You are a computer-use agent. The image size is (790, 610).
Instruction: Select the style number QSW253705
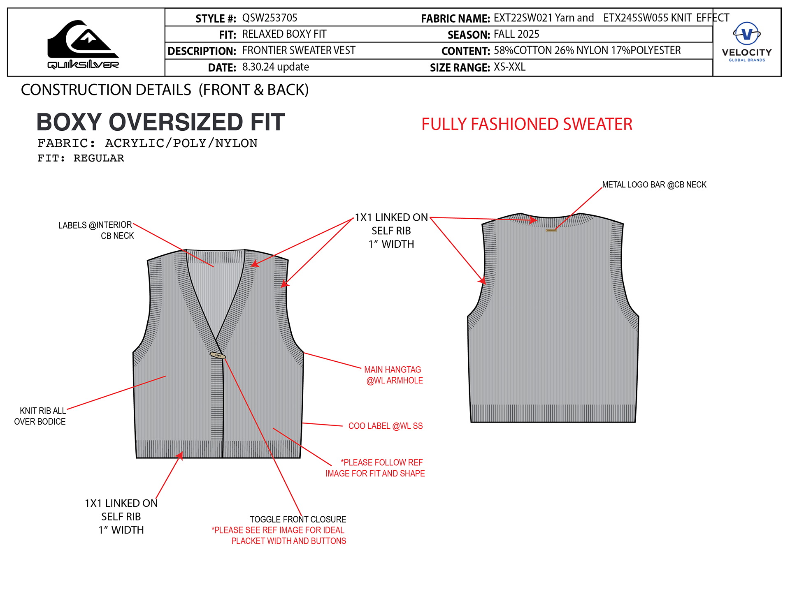point(270,18)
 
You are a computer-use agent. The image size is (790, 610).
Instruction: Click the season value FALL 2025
point(516,34)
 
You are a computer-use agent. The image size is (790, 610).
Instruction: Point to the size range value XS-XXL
point(509,67)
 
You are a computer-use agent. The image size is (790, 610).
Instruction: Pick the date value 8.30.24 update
point(275,67)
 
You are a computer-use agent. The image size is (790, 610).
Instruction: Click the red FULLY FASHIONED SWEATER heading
point(527,124)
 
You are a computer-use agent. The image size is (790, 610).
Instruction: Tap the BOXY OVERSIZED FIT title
point(160,122)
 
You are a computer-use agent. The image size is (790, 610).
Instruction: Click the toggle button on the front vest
point(218,355)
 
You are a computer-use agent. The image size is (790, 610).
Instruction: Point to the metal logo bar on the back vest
point(551,230)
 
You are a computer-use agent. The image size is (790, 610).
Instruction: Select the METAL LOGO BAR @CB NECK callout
point(654,185)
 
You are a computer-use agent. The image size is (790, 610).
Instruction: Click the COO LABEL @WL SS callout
point(386,426)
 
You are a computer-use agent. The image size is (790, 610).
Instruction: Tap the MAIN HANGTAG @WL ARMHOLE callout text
point(394,375)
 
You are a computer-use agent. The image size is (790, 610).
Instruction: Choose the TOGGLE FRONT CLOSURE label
point(298,520)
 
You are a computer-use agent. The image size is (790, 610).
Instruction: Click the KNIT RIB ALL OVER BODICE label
point(40,416)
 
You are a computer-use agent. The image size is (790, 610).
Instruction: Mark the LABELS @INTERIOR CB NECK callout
point(96,230)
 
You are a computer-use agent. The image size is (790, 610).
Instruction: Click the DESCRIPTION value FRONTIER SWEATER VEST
point(299,51)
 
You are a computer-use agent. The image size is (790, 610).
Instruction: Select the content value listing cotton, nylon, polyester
point(587,51)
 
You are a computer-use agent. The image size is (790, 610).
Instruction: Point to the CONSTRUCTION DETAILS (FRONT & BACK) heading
point(165,90)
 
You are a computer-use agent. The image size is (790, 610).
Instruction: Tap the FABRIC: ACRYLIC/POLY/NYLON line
point(147,143)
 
